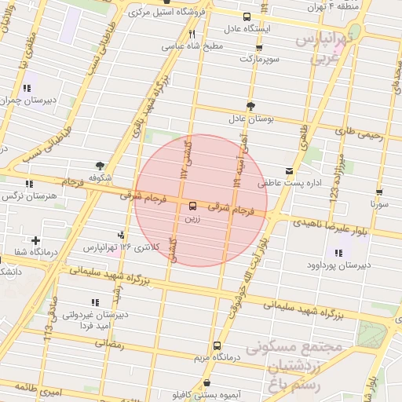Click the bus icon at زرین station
[192, 206]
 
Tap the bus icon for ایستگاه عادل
[247, 16]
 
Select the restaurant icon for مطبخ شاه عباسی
[192, 35]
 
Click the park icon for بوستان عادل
[250, 106]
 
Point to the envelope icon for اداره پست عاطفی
[290, 170]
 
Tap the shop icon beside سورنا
[379, 191]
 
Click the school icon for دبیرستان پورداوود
[338, 253]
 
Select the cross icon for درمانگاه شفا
[35, 240]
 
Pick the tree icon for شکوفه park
[100, 166]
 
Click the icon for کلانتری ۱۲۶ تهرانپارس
[120, 235]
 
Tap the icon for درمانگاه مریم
[217, 345]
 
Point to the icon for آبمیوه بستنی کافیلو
[206, 383]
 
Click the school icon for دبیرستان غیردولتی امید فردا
[95, 302]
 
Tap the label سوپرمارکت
[258, 59]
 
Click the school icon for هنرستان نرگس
[29, 184]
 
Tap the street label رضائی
[108, 345]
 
